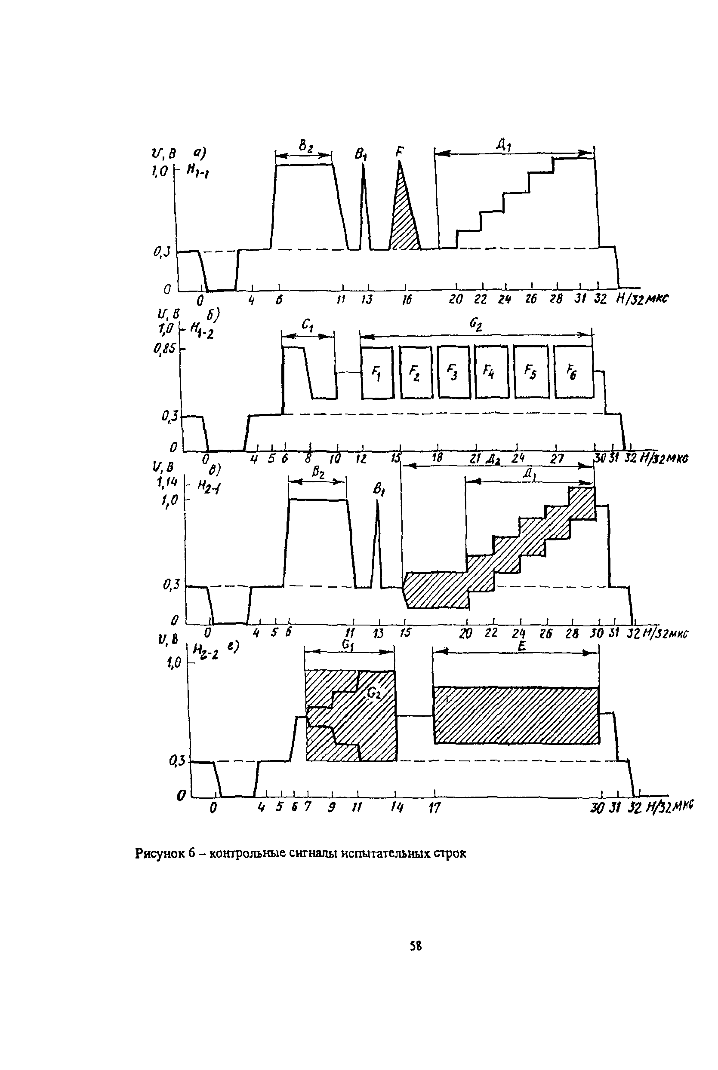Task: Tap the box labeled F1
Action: coord(377,372)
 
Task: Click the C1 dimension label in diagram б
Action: coord(307,325)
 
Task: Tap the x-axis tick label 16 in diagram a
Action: coord(406,300)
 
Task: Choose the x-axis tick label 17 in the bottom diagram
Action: coord(434,808)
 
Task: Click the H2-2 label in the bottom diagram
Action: coord(206,651)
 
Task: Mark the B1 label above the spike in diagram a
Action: coord(361,154)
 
